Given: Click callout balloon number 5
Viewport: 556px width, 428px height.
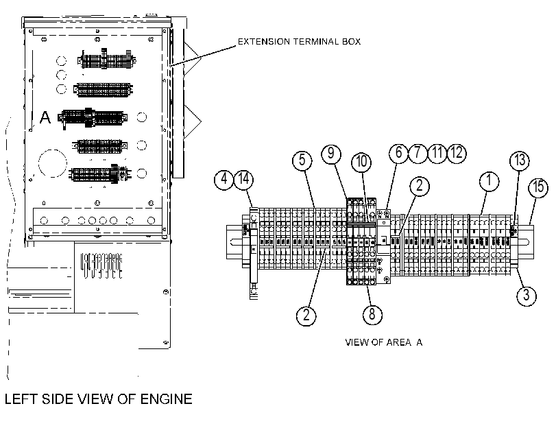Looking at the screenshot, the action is (x=302, y=160).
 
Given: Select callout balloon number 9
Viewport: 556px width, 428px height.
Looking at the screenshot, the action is (x=331, y=154).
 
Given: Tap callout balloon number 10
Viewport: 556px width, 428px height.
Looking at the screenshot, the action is (x=361, y=162).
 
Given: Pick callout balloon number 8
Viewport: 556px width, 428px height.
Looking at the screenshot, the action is (x=372, y=314).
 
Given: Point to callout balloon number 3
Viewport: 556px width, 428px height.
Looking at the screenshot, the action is (x=527, y=295).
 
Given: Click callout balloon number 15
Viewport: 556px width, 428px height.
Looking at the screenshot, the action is (x=538, y=187).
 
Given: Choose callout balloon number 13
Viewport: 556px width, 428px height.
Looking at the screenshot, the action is (x=520, y=160).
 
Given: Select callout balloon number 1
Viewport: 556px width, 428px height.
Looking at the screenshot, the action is (x=489, y=181).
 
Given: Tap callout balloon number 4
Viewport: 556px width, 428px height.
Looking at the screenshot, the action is (x=224, y=180).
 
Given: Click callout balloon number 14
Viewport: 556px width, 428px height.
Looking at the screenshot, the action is (x=243, y=180).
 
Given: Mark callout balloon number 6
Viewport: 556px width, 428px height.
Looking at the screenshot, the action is (x=398, y=154).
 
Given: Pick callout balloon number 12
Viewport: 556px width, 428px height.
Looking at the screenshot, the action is (x=457, y=154).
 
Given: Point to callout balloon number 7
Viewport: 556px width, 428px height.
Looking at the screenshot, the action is (x=418, y=154).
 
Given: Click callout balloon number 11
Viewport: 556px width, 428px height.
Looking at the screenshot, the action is (x=437, y=154).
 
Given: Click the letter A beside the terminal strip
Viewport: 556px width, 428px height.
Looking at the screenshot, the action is (x=45, y=117).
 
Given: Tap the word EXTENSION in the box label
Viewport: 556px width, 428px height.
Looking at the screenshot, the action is (x=264, y=42).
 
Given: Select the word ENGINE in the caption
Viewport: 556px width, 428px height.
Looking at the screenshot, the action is (x=167, y=399).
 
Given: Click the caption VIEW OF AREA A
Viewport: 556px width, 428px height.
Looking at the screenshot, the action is (x=384, y=342).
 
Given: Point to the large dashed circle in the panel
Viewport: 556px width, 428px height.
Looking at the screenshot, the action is (x=53, y=164).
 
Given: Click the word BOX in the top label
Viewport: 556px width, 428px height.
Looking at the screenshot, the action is (x=351, y=42).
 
